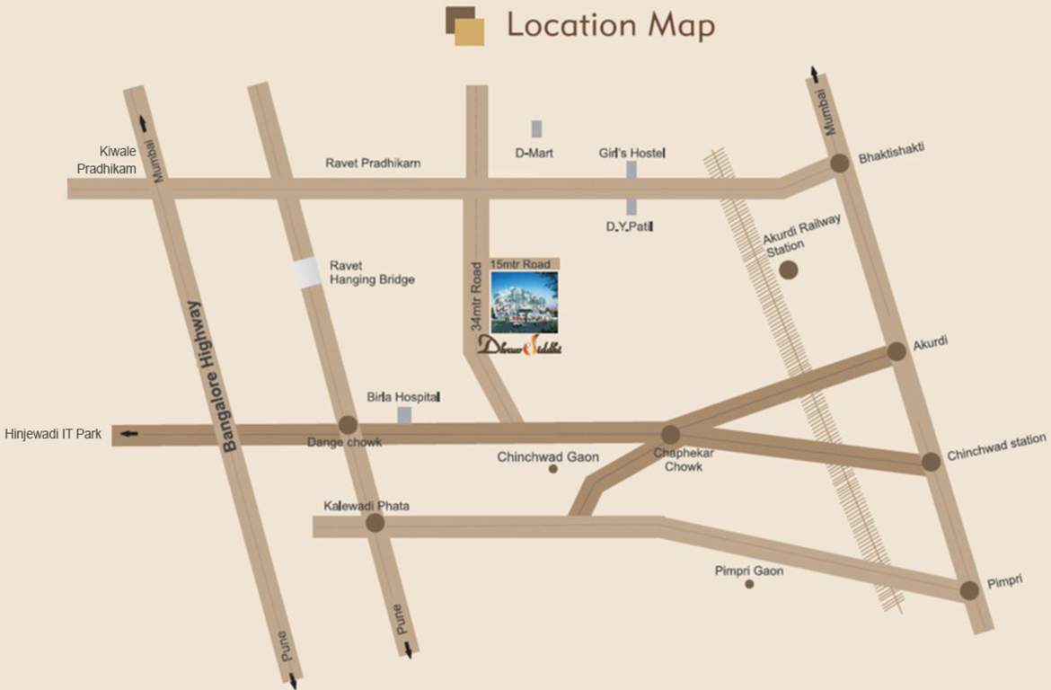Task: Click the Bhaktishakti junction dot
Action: [839, 163]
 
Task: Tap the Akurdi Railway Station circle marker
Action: [789, 270]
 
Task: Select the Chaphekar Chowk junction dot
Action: [670, 434]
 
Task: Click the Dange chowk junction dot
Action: [348, 425]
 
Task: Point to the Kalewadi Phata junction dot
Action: [375, 522]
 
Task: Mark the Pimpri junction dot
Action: [968, 590]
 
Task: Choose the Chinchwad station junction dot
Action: [931, 461]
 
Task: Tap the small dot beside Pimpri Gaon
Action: [749, 584]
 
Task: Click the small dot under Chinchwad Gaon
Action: [553, 469]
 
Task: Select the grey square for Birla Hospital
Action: [404, 415]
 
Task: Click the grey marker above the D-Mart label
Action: [536, 128]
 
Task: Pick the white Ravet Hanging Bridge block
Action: [308, 272]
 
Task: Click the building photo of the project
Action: [524, 302]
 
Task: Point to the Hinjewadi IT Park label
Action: [53, 434]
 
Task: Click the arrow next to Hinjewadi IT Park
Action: [129, 435]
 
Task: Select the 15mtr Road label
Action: [519, 264]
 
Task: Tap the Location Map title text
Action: [611, 25]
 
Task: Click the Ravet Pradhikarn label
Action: [373, 164]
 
